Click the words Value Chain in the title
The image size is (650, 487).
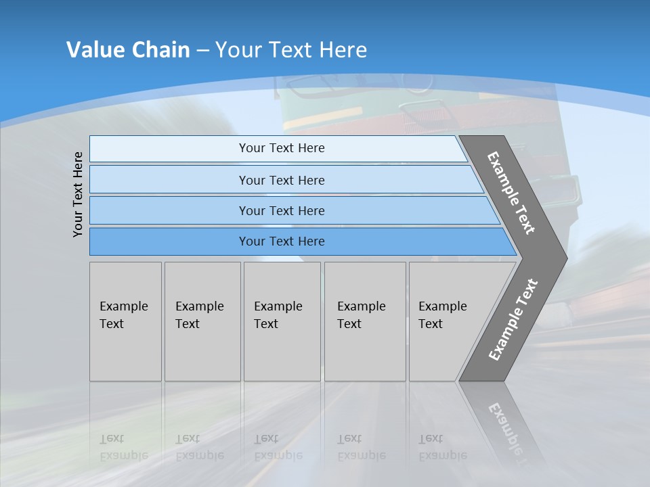[x=128, y=50]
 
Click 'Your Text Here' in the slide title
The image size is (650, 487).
[x=291, y=50]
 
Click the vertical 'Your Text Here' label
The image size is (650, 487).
[x=78, y=194]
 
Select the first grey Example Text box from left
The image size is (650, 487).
[x=125, y=321]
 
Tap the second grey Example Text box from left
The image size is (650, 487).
[x=202, y=321]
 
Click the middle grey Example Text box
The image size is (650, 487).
[x=282, y=321]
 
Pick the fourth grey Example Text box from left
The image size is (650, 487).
[x=364, y=321]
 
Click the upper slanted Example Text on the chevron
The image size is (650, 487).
[x=511, y=193]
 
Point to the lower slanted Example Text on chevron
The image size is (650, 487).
[x=513, y=320]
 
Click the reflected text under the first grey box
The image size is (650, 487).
[x=123, y=447]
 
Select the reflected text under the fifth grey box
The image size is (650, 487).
[x=442, y=447]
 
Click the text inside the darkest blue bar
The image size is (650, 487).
[x=282, y=241]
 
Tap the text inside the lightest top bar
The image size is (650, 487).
[x=282, y=148]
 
